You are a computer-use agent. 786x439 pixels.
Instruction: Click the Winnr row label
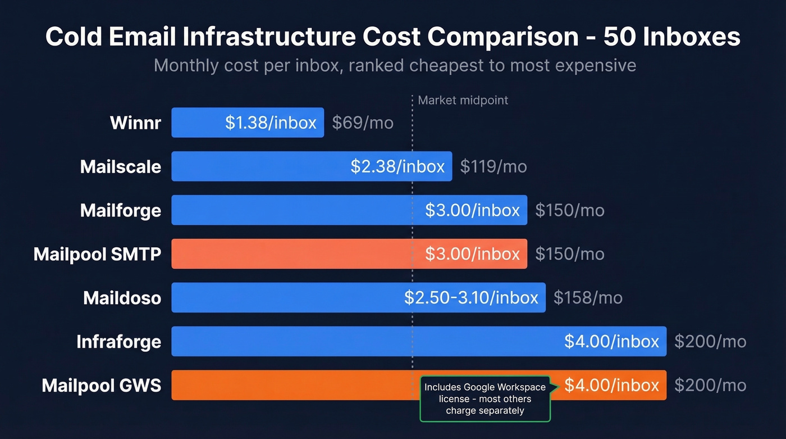pyautogui.click(x=135, y=123)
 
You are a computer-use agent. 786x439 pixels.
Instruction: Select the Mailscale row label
pyautogui.click(x=120, y=166)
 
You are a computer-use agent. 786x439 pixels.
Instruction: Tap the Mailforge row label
pyautogui.click(x=120, y=210)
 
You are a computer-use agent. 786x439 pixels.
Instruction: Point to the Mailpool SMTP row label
pyautogui.click(x=97, y=254)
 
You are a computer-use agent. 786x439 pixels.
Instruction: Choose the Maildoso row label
pyautogui.click(x=122, y=297)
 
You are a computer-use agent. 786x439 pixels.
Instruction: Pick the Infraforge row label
pyautogui.click(x=118, y=341)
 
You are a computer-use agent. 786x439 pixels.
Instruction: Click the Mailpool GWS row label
pyautogui.click(x=101, y=385)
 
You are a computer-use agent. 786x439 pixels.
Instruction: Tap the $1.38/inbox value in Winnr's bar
pyautogui.click(x=271, y=123)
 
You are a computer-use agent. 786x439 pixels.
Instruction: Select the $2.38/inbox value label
pyautogui.click(x=397, y=166)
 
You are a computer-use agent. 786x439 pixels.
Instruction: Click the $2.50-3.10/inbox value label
pyautogui.click(x=471, y=297)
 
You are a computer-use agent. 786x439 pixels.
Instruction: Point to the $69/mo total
pyautogui.click(x=363, y=123)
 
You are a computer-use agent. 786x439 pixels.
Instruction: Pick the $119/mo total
pyautogui.click(x=493, y=166)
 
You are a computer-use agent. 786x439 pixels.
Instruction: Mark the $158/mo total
pyautogui.click(x=588, y=297)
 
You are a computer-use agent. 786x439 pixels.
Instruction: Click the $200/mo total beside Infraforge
pyautogui.click(x=710, y=341)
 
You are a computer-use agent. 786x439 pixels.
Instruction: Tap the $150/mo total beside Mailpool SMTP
pyautogui.click(x=570, y=254)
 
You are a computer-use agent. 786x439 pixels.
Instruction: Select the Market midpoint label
pyautogui.click(x=463, y=101)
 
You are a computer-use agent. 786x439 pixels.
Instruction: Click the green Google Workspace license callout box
pyautogui.click(x=485, y=399)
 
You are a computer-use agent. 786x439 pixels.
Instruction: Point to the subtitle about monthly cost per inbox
pyautogui.click(x=395, y=65)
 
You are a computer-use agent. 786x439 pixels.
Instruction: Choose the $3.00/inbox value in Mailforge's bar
pyautogui.click(x=472, y=210)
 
